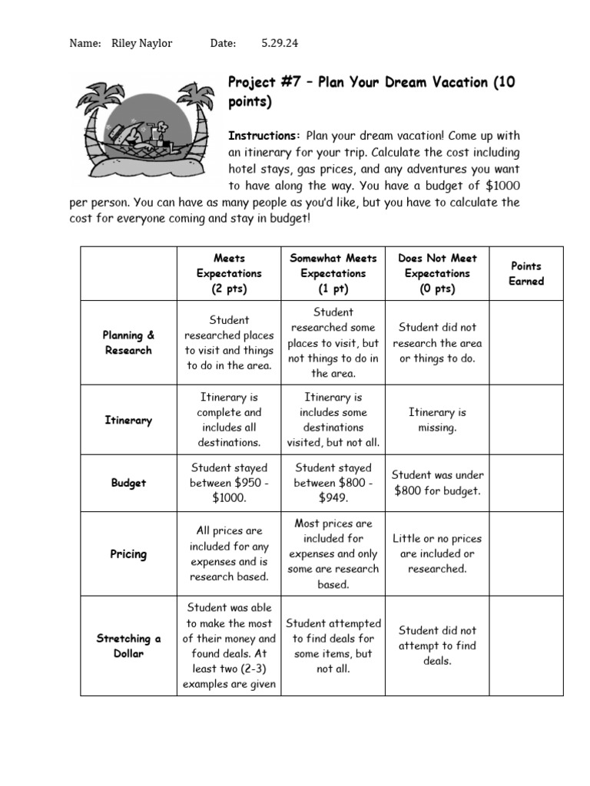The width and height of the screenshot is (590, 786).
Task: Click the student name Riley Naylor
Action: tap(142, 44)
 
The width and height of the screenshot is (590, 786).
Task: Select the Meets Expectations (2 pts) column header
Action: tap(229, 273)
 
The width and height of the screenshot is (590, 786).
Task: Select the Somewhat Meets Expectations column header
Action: tap(333, 273)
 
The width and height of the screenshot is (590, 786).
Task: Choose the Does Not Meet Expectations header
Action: tap(437, 273)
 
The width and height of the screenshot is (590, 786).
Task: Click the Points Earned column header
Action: tap(525, 273)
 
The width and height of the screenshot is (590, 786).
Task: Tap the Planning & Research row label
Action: tap(128, 342)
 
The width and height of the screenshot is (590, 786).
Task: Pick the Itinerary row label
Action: tap(128, 420)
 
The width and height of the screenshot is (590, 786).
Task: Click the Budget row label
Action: tap(128, 483)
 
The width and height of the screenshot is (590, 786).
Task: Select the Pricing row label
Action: tap(128, 553)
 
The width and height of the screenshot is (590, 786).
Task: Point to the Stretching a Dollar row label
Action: tap(128, 646)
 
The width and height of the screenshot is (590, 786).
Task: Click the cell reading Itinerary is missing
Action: tap(437, 420)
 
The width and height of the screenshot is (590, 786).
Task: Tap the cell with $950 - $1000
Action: tap(229, 483)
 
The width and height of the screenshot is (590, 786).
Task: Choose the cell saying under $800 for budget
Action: tap(437, 483)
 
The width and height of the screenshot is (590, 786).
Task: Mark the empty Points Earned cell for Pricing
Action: tap(525, 553)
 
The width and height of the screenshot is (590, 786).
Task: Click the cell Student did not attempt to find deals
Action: tap(437, 646)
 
